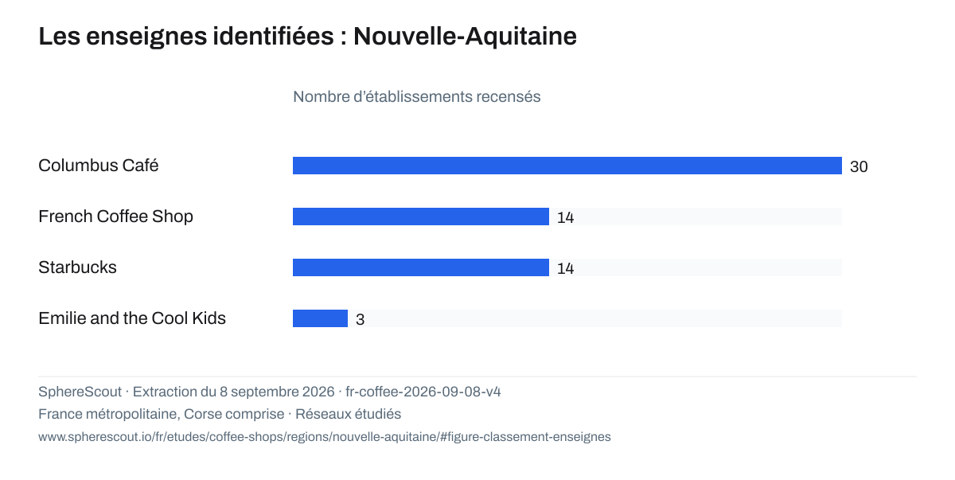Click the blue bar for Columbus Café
click(x=567, y=166)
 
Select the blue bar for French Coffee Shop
click(x=421, y=217)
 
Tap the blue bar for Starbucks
click(x=421, y=267)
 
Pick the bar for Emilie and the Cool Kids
click(x=320, y=318)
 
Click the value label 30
click(x=859, y=166)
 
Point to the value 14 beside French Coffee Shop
click(x=565, y=218)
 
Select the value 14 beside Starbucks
click(x=565, y=268)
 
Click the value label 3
click(x=361, y=320)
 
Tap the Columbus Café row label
click(x=99, y=166)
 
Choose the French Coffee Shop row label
click(x=115, y=217)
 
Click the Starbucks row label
click(x=77, y=267)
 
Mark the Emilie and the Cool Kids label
click(x=132, y=318)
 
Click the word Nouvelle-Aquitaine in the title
click(x=465, y=36)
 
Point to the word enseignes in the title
click(x=146, y=37)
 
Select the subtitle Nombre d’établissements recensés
click(x=416, y=97)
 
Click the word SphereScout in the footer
click(x=80, y=392)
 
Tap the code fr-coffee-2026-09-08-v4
click(x=423, y=392)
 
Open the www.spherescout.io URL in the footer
click(x=325, y=437)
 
